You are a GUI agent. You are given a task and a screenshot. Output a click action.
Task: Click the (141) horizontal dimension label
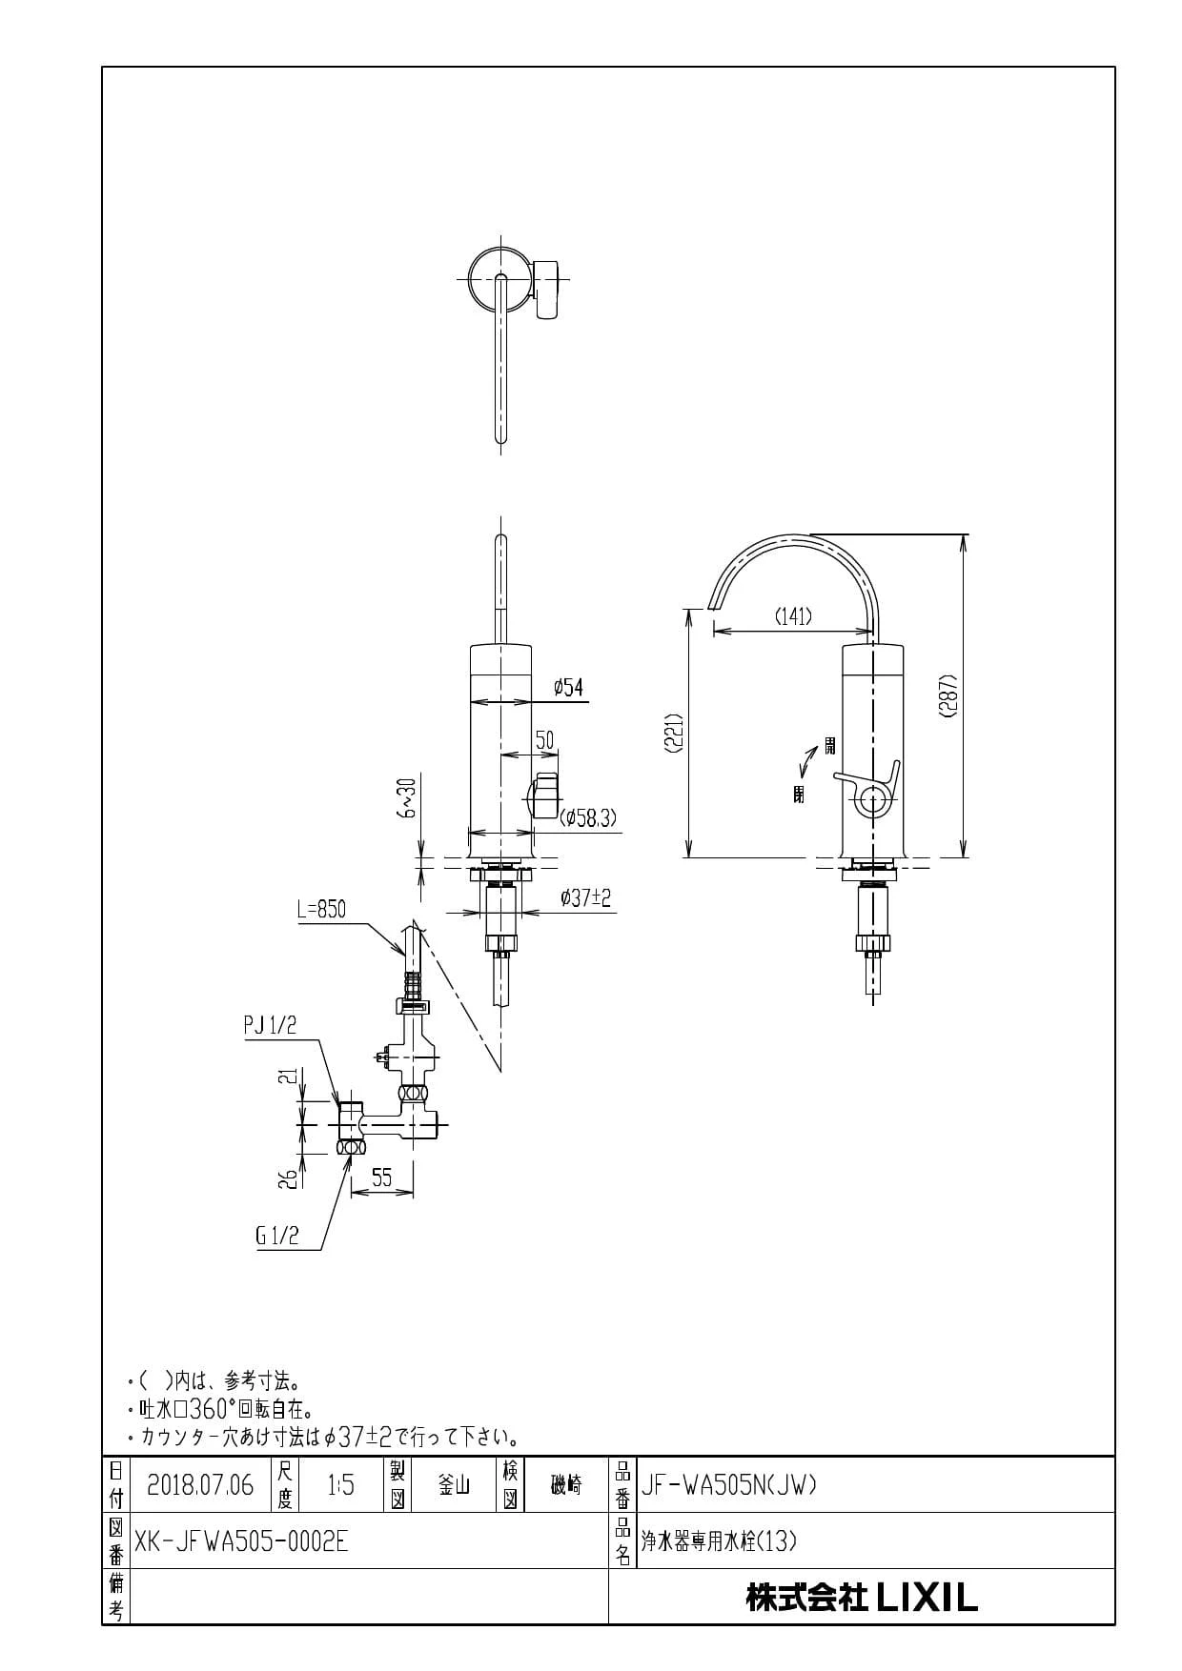[x=792, y=616]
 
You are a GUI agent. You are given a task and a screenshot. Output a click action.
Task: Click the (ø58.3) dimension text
[x=590, y=816]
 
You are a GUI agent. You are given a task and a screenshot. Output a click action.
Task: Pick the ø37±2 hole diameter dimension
[x=586, y=897]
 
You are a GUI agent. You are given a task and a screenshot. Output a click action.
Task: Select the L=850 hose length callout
[x=321, y=909]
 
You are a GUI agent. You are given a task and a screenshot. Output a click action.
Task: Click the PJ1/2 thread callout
[x=271, y=1025]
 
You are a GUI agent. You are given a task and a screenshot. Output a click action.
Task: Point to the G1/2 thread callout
[x=277, y=1236]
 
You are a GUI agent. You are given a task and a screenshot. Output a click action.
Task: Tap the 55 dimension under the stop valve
[x=381, y=1178]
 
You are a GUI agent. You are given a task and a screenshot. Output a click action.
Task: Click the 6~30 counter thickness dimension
[x=408, y=797]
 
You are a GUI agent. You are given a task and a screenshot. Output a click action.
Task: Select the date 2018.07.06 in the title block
[x=200, y=1484]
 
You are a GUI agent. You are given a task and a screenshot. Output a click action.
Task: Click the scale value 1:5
[x=340, y=1484]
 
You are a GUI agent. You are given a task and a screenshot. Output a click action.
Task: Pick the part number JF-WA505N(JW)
[x=729, y=1484]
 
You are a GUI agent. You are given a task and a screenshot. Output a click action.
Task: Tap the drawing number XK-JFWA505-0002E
[x=242, y=1540]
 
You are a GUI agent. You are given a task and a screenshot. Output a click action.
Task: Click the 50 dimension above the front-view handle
[x=544, y=740]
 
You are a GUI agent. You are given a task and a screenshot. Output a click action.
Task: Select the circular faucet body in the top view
[x=499, y=278]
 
